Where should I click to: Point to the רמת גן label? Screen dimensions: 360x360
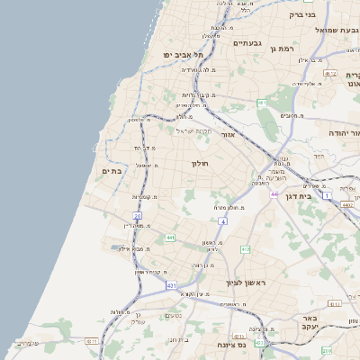pos(281,48)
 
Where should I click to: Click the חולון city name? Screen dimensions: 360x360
pos(200,164)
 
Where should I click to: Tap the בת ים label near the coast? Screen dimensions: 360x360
pos(112,171)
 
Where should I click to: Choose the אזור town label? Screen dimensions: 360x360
pos(227,134)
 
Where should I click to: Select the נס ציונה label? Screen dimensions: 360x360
pos(231,344)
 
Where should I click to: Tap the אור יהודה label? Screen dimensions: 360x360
pos(343,133)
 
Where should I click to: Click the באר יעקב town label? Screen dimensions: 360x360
pos(310,324)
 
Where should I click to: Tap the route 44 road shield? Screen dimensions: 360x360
pos(274,193)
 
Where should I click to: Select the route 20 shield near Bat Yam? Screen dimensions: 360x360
pos(137,216)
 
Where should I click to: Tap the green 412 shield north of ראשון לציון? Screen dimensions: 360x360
pos(245,248)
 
